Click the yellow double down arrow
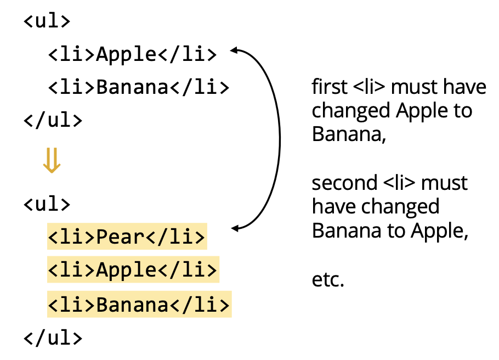(51, 161)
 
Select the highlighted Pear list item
(127, 237)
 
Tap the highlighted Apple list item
(133, 270)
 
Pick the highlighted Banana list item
(139, 305)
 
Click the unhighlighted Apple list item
(133, 54)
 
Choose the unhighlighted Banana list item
(139, 87)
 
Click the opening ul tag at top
(47, 22)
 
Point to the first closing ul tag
(53, 120)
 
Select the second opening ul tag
(47, 204)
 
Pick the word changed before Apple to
(351, 111)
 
